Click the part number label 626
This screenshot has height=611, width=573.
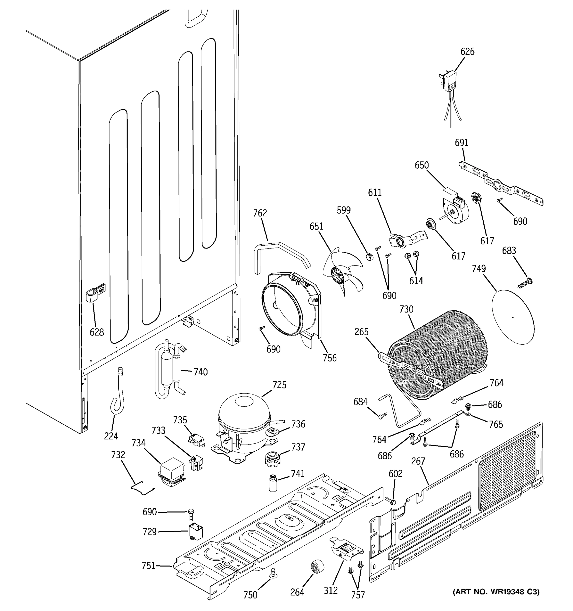[x=467, y=52]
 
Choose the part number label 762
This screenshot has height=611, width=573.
[x=260, y=213]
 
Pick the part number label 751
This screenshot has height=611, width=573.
[x=148, y=565]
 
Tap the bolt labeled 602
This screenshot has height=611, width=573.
[x=390, y=501]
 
